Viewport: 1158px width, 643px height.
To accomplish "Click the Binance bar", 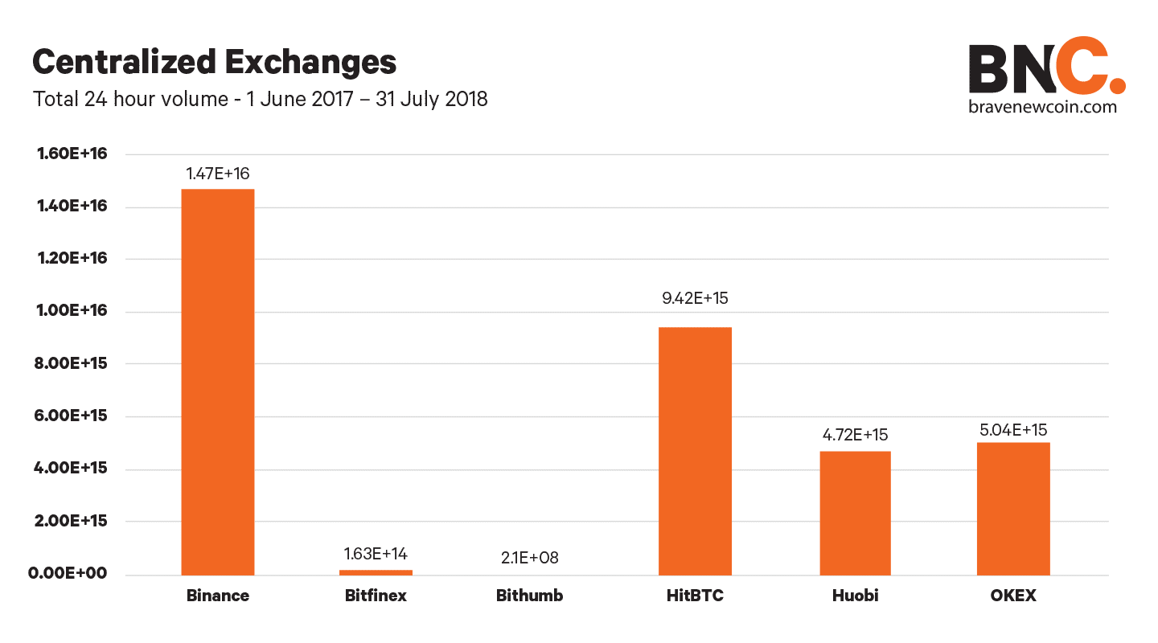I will [x=218, y=382].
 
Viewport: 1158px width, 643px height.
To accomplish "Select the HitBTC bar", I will [x=695, y=451].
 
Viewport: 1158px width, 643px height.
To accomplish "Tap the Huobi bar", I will [x=855, y=513].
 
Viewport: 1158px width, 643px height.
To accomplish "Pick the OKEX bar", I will [x=1013, y=508].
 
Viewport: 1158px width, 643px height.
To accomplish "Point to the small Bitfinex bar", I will [x=376, y=572].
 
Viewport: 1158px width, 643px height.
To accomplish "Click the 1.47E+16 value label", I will [x=218, y=173].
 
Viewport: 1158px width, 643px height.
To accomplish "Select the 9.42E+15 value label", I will [x=695, y=298].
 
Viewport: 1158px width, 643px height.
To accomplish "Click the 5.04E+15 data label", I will [x=1013, y=429].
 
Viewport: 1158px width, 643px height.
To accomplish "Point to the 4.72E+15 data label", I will [x=854, y=435].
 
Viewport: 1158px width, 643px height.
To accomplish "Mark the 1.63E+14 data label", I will [x=376, y=554].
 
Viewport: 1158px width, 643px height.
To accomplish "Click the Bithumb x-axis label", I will [x=529, y=596].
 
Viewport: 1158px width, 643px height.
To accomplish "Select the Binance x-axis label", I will [x=218, y=596].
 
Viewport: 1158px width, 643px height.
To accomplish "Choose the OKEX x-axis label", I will [x=1013, y=596].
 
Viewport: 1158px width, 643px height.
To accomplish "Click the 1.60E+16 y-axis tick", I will [x=72, y=154].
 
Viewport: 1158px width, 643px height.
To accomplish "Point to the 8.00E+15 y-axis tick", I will [x=72, y=364].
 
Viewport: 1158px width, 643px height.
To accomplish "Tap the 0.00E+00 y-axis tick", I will [x=72, y=574].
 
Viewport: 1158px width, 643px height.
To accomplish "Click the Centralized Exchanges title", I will [x=214, y=62].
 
